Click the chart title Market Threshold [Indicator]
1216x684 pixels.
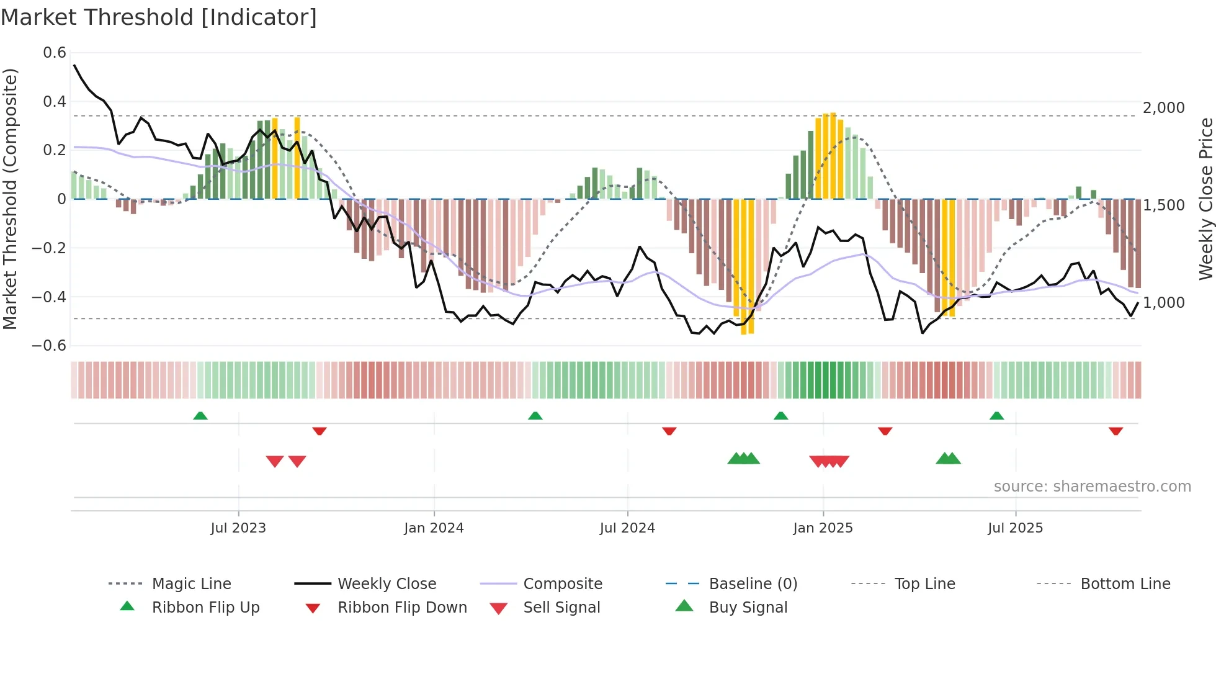pyautogui.click(x=159, y=17)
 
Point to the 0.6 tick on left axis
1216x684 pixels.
pyautogui.click(x=55, y=53)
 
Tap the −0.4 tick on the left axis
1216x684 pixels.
pyautogui.click(x=49, y=297)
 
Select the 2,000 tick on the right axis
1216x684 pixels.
pyautogui.click(x=1164, y=108)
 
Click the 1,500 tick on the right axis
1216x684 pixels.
pyautogui.click(x=1164, y=205)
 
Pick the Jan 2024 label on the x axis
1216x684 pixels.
pyautogui.click(x=434, y=528)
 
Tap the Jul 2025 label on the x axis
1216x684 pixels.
pyautogui.click(x=1015, y=528)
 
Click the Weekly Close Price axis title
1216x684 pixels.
pyautogui.click(x=1205, y=199)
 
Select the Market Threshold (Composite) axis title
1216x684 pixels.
pyautogui.click(x=10, y=199)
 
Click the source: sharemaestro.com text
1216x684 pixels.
pyautogui.click(x=1092, y=487)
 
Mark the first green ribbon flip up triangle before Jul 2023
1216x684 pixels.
pyautogui.click(x=200, y=416)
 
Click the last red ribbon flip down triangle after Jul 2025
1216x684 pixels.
pyautogui.click(x=1115, y=431)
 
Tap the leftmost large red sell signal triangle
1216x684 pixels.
pyautogui.click(x=275, y=461)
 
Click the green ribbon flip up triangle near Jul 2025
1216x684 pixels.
pyautogui.click(x=996, y=416)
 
